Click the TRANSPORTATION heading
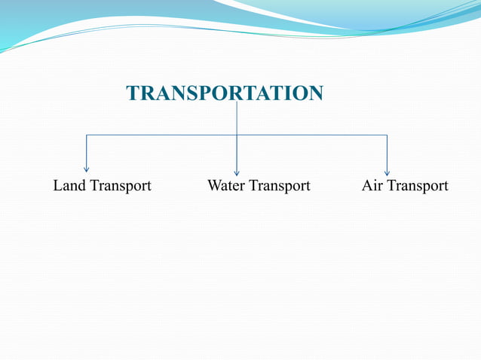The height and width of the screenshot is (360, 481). click(x=225, y=93)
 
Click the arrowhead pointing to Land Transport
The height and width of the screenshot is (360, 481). click(x=87, y=170)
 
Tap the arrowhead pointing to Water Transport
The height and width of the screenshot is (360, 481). click(x=237, y=172)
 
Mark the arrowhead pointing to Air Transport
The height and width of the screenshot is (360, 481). click(x=387, y=172)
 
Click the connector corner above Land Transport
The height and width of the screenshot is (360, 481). click(x=87, y=136)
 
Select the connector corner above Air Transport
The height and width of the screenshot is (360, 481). click(x=387, y=136)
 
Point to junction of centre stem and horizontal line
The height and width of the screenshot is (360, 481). click(x=237, y=136)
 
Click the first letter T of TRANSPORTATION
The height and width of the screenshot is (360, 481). click(x=133, y=93)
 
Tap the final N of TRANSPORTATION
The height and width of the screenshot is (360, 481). click(x=316, y=93)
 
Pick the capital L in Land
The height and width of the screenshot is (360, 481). click(x=57, y=185)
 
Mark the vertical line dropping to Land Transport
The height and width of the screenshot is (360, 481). click(x=87, y=153)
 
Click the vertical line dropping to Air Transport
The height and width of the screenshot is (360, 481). click(x=387, y=153)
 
